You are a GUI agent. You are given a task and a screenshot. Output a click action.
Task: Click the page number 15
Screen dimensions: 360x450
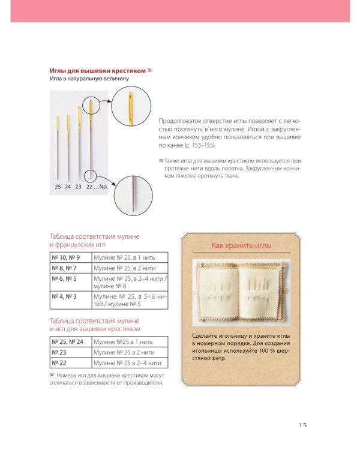pos(303,425)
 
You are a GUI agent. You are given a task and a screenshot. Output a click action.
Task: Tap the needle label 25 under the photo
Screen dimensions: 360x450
pos(58,187)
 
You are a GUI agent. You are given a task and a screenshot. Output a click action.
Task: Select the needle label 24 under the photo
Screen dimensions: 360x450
pos(68,187)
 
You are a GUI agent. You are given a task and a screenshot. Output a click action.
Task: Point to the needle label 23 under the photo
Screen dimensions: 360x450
pos(79,187)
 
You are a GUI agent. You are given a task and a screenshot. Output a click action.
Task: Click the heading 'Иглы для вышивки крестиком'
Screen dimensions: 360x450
pos(98,71)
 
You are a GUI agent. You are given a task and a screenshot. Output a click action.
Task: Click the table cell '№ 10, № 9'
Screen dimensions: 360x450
pos(71,257)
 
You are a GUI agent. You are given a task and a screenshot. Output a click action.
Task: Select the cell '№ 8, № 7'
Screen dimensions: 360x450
pos(71,268)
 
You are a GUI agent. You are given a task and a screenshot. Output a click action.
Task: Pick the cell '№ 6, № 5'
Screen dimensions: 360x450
pos(71,282)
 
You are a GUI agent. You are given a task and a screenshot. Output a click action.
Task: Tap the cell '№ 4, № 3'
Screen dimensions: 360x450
pos(71,300)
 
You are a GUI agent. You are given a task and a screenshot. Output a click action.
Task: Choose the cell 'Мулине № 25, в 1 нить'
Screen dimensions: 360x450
pos(130,257)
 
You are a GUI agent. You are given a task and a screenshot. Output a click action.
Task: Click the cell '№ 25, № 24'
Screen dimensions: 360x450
pos(71,342)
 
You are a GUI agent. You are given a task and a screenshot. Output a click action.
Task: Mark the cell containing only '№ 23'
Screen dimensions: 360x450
pos(71,352)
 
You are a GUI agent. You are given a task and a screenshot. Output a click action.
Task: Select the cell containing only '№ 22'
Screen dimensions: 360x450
pos(71,363)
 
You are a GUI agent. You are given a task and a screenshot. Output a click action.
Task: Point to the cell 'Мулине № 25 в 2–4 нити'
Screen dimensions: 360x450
pos(130,363)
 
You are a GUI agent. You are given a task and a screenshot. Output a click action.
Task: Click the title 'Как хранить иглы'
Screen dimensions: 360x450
pos(241,245)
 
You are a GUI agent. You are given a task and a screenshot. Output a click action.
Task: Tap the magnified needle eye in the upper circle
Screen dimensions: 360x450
pos(131,106)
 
